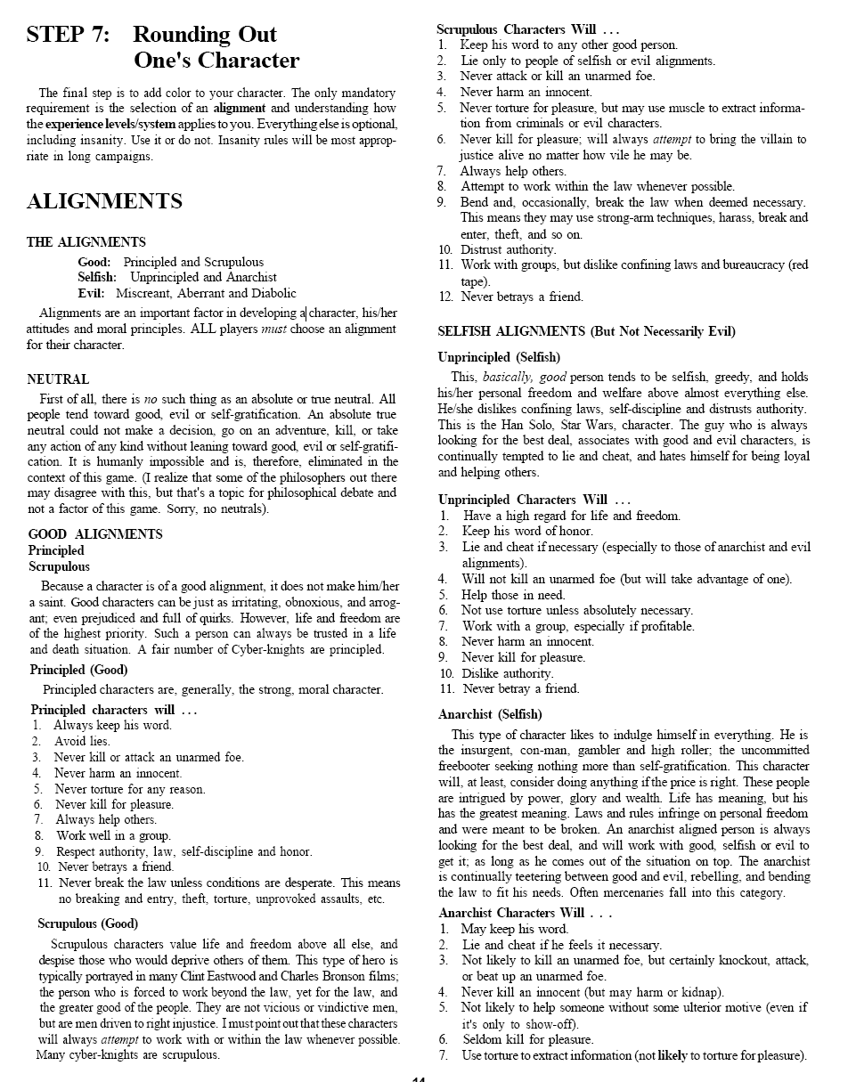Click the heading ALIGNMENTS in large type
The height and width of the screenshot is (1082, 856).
coord(104,202)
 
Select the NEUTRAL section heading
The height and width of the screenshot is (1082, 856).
coord(58,379)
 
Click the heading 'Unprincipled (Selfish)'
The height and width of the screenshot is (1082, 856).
coord(499,357)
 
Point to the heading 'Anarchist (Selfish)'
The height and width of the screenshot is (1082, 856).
coord(490,714)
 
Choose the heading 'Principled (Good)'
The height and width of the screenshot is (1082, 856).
coord(78,670)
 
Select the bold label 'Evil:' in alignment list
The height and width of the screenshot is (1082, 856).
coord(91,293)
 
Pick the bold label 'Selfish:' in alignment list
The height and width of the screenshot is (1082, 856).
coord(97,277)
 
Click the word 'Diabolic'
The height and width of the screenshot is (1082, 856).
coord(272,293)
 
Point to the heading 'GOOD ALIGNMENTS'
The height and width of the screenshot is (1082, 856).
coord(95,534)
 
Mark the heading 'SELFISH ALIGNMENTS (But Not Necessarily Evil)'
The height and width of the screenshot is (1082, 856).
coord(586,331)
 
